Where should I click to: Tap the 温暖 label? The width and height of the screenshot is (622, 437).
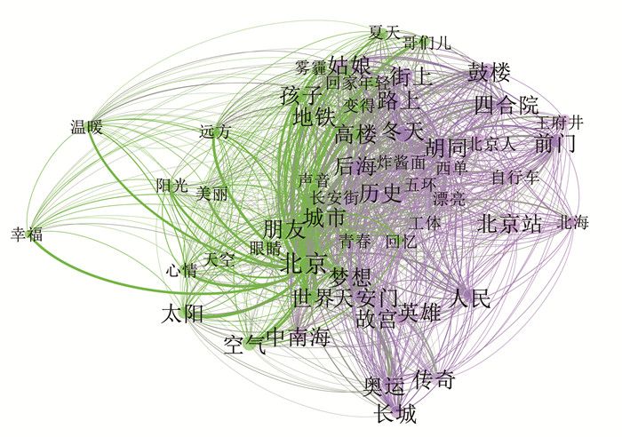86,127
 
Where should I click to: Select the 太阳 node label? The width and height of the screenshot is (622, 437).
182,313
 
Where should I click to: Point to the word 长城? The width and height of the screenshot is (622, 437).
395,413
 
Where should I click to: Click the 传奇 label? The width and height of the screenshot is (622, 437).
435,381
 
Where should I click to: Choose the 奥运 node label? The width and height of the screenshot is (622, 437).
384,386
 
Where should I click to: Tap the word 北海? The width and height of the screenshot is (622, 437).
573,223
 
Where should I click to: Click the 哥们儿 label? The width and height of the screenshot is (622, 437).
427,42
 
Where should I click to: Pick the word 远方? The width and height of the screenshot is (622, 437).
214,132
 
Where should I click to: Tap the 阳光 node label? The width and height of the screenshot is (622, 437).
172,186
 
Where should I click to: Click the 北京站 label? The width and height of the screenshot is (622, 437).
510,224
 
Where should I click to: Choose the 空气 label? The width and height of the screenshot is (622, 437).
243,343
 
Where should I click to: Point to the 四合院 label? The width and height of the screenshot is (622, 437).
506,105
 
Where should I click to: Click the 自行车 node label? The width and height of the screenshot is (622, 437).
515,177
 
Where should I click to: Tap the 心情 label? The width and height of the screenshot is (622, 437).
181,270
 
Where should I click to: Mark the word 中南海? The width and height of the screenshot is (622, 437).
298,338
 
